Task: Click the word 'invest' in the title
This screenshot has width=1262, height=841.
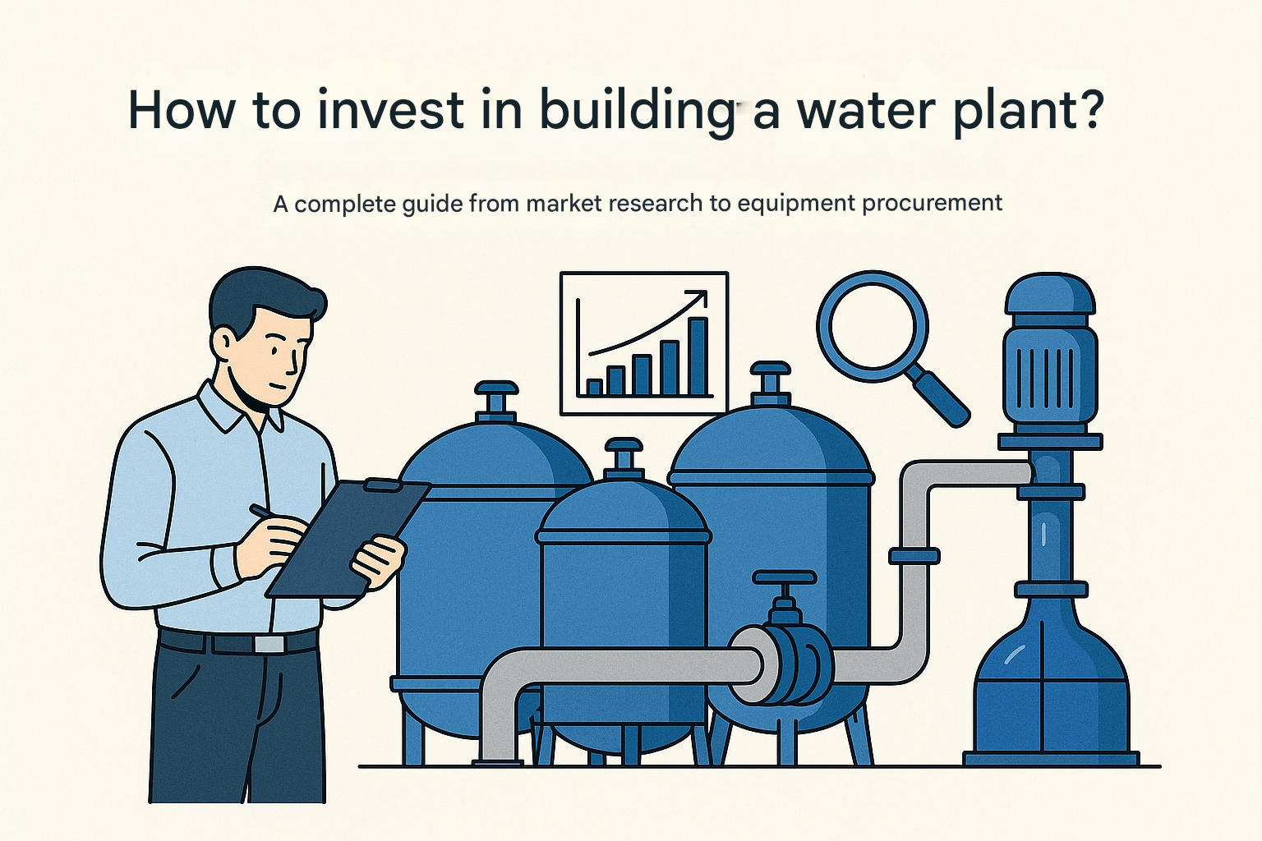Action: (x=390, y=110)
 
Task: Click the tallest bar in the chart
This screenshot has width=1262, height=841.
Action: (x=698, y=356)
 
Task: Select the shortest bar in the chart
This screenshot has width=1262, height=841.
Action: (x=594, y=387)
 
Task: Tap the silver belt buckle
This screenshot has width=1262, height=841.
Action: (x=269, y=643)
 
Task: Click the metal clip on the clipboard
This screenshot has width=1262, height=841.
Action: (x=382, y=485)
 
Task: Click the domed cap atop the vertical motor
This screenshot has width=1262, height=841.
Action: (x=1049, y=293)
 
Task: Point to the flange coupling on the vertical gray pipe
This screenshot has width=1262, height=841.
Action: (x=914, y=556)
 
